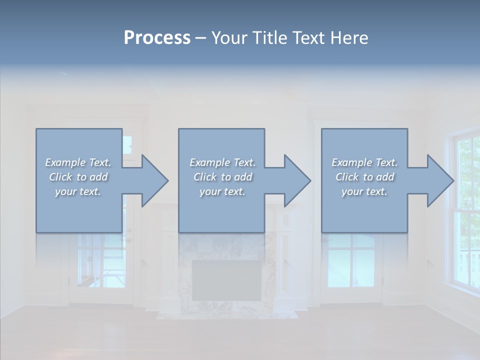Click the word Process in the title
click(157, 38)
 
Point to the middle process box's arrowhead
click(296, 180)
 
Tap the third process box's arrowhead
click(439, 180)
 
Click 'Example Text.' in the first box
click(78, 162)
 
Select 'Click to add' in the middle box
click(222, 177)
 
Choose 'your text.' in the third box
click(364, 191)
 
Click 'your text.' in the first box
click(78, 191)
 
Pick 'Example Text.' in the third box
click(364, 162)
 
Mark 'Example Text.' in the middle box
click(222, 162)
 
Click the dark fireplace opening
click(226, 280)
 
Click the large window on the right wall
click(465, 210)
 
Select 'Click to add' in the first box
click(78, 177)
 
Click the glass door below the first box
click(100, 265)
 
